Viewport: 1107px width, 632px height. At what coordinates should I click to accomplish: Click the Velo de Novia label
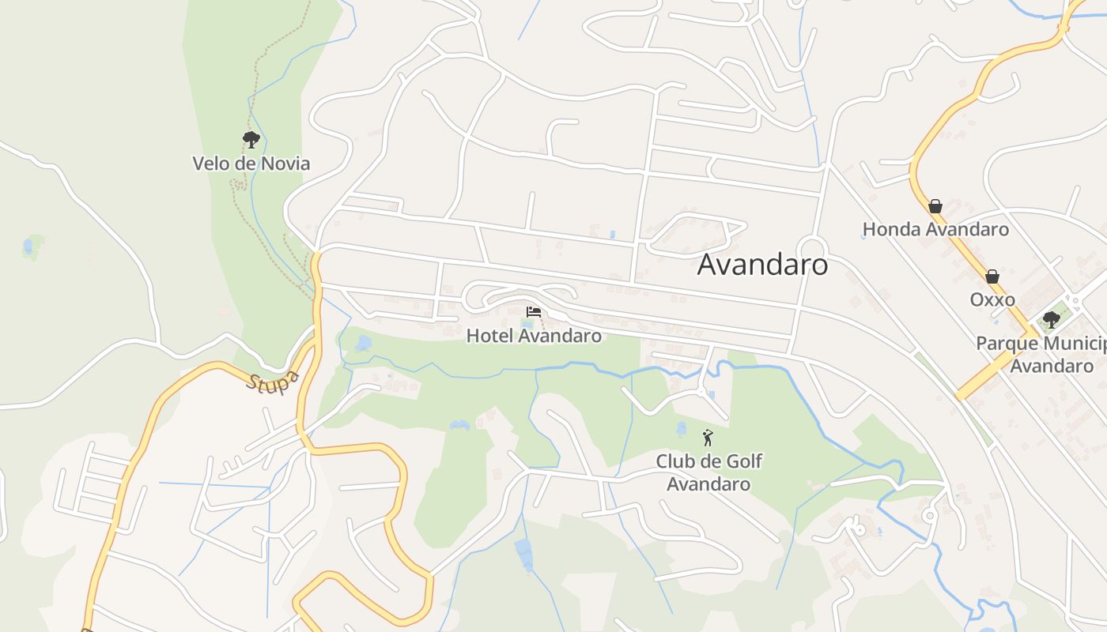click(251, 164)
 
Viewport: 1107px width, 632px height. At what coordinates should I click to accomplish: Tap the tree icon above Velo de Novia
click(251, 141)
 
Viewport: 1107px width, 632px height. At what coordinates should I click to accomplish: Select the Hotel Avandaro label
click(534, 336)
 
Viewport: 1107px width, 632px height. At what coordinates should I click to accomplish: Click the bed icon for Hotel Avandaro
click(534, 312)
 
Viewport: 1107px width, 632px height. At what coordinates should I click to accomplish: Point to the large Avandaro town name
click(762, 265)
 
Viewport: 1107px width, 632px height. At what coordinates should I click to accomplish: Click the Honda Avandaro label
click(935, 229)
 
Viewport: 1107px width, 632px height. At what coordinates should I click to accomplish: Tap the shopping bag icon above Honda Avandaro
click(935, 206)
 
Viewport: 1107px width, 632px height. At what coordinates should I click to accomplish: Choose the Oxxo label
click(992, 300)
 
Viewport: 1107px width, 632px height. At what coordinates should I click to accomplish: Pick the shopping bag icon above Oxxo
click(992, 276)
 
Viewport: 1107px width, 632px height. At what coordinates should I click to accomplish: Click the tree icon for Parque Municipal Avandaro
click(1051, 320)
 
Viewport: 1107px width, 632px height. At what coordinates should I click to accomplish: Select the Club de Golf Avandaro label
click(708, 472)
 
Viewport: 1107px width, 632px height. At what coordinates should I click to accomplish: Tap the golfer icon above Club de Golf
click(708, 437)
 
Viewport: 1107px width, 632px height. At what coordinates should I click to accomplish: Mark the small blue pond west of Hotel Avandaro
click(363, 343)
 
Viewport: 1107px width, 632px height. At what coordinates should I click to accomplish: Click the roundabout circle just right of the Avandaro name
click(812, 247)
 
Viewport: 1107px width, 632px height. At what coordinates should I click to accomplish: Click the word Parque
click(1004, 344)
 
